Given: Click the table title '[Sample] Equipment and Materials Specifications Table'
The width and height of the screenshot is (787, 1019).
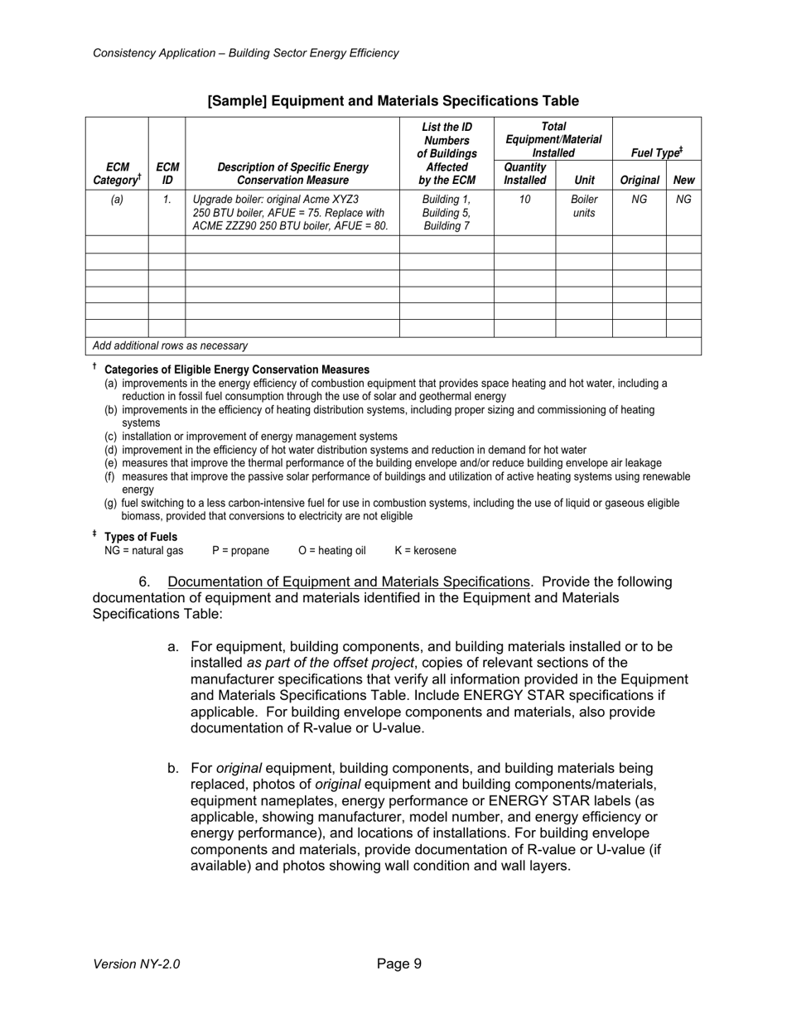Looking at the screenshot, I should click(x=393, y=101).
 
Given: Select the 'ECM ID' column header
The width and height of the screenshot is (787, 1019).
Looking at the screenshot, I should click(x=167, y=173).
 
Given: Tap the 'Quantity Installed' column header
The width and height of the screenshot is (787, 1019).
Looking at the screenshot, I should click(x=524, y=173).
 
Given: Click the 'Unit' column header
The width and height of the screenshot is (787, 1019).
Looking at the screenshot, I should click(x=584, y=180).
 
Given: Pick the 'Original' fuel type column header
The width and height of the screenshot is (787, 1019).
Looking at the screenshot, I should click(x=639, y=180).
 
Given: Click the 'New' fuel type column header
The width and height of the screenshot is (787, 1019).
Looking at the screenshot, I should click(x=683, y=180).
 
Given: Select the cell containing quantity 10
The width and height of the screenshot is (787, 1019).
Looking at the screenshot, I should click(x=524, y=200).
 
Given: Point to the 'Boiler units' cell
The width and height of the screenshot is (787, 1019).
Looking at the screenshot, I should click(x=584, y=206).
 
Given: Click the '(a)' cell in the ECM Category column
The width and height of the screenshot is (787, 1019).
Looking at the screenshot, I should click(x=117, y=200).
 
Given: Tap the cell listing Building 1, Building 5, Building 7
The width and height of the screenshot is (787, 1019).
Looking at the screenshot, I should click(x=447, y=213).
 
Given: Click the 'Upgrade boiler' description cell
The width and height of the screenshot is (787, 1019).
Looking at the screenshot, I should click(x=290, y=213).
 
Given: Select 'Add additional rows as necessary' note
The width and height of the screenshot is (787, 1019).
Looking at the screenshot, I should click(x=170, y=346).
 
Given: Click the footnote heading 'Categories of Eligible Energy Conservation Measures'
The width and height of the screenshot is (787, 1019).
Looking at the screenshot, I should click(x=237, y=369).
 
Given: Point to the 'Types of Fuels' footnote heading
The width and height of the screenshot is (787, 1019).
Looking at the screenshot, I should click(x=141, y=537).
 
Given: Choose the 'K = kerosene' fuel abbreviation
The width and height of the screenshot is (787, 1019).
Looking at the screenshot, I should click(x=425, y=551).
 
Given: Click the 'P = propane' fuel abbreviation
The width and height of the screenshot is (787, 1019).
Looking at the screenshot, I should click(x=240, y=551).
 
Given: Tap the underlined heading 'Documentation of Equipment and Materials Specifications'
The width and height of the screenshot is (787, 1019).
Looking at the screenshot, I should click(x=348, y=582).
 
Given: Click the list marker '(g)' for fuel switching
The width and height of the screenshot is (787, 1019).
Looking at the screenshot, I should click(x=110, y=503).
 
